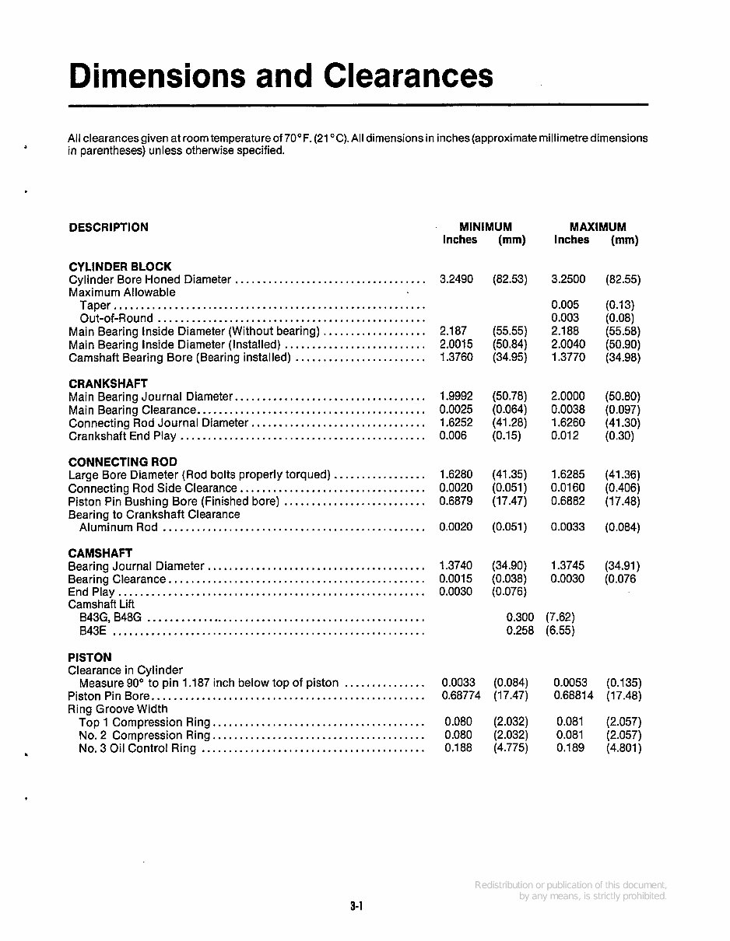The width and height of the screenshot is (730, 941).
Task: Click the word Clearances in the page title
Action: [x=408, y=76]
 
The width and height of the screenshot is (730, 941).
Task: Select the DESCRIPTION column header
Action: [x=108, y=228]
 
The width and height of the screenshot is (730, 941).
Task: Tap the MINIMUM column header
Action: [x=485, y=227]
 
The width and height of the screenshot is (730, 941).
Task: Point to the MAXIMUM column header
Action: [x=597, y=227]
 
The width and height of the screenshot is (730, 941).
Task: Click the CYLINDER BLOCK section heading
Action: [x=120, y=267]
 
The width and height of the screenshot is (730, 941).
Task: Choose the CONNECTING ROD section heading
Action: [x=123, y=462]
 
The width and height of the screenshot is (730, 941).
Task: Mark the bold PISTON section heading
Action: [x=90, y=657]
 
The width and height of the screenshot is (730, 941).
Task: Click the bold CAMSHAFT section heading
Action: [x=100, y=554]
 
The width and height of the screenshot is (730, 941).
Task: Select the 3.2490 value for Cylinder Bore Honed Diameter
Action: [x=456, y=279]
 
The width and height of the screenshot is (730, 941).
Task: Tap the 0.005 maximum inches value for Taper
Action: [x=565, y=306]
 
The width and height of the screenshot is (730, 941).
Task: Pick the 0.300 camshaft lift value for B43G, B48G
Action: [x=520, y=617]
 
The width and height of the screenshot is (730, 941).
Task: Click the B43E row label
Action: [x=95, y=631]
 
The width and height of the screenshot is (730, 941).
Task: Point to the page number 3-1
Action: [x=357, y=906]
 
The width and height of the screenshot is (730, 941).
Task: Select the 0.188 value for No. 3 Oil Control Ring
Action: [x=458, y=748]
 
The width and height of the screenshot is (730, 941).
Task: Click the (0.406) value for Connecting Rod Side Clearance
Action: [x=623, y=488]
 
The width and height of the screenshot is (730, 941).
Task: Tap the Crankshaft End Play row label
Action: [x=123, y=436]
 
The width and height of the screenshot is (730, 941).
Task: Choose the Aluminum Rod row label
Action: [x=118, y=527]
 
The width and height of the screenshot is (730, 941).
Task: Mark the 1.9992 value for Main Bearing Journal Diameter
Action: [x=456, y=397]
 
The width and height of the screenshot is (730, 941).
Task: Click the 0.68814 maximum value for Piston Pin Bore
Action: [x=573, y=696]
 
